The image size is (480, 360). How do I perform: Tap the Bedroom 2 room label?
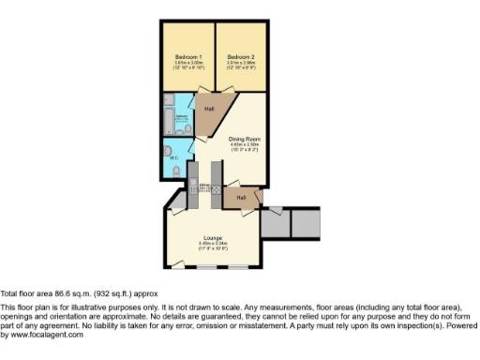click(x=241, y=57)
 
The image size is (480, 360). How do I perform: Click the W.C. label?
click(x=173, y=158)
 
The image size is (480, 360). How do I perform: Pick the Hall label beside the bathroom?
click(x=209, y=109)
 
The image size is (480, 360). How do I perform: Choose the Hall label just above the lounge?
click(x=241, y=198)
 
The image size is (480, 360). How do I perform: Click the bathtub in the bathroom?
click(x=166, y=121)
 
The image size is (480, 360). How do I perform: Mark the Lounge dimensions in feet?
click(x=213, y=249)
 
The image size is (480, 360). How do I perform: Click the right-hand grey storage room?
click(x=306, y=221)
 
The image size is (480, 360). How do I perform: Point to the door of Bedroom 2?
click(x=229, y=95)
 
